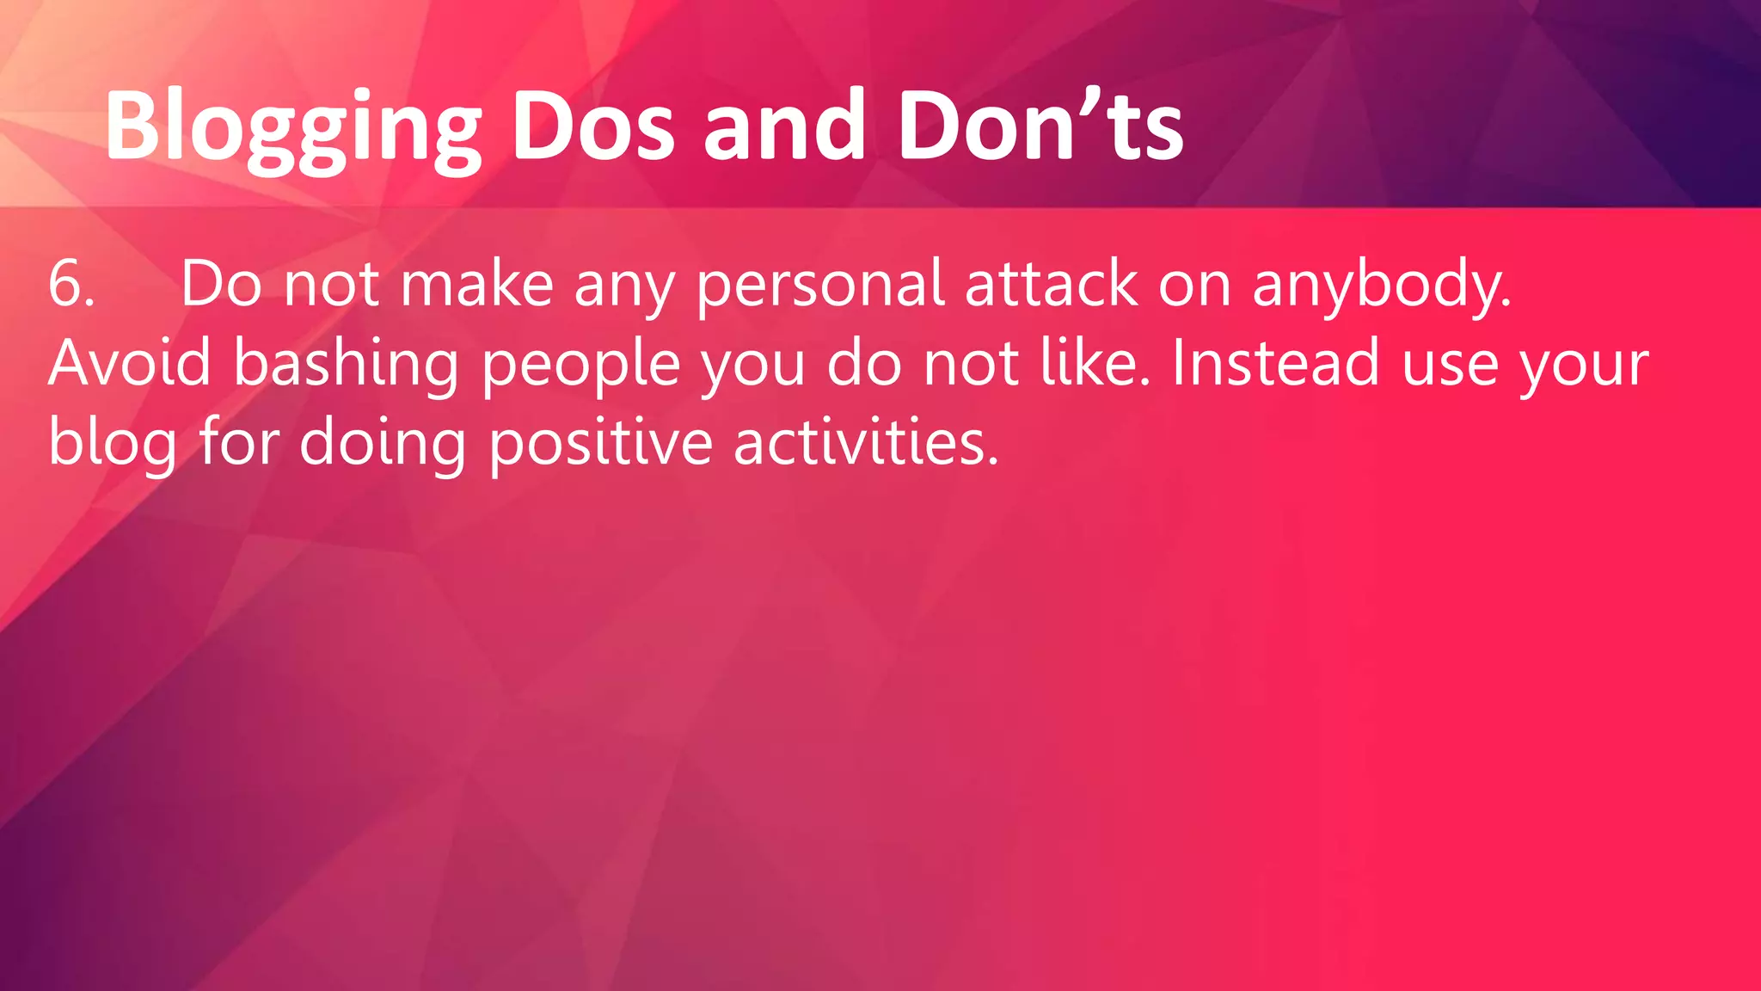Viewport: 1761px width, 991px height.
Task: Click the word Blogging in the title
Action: [x=292, y=129]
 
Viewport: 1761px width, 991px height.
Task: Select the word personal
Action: [x=820, y=286]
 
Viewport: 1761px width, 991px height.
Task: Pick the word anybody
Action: [x=1381, y=286]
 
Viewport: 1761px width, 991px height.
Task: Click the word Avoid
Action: [x=130, y=363]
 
